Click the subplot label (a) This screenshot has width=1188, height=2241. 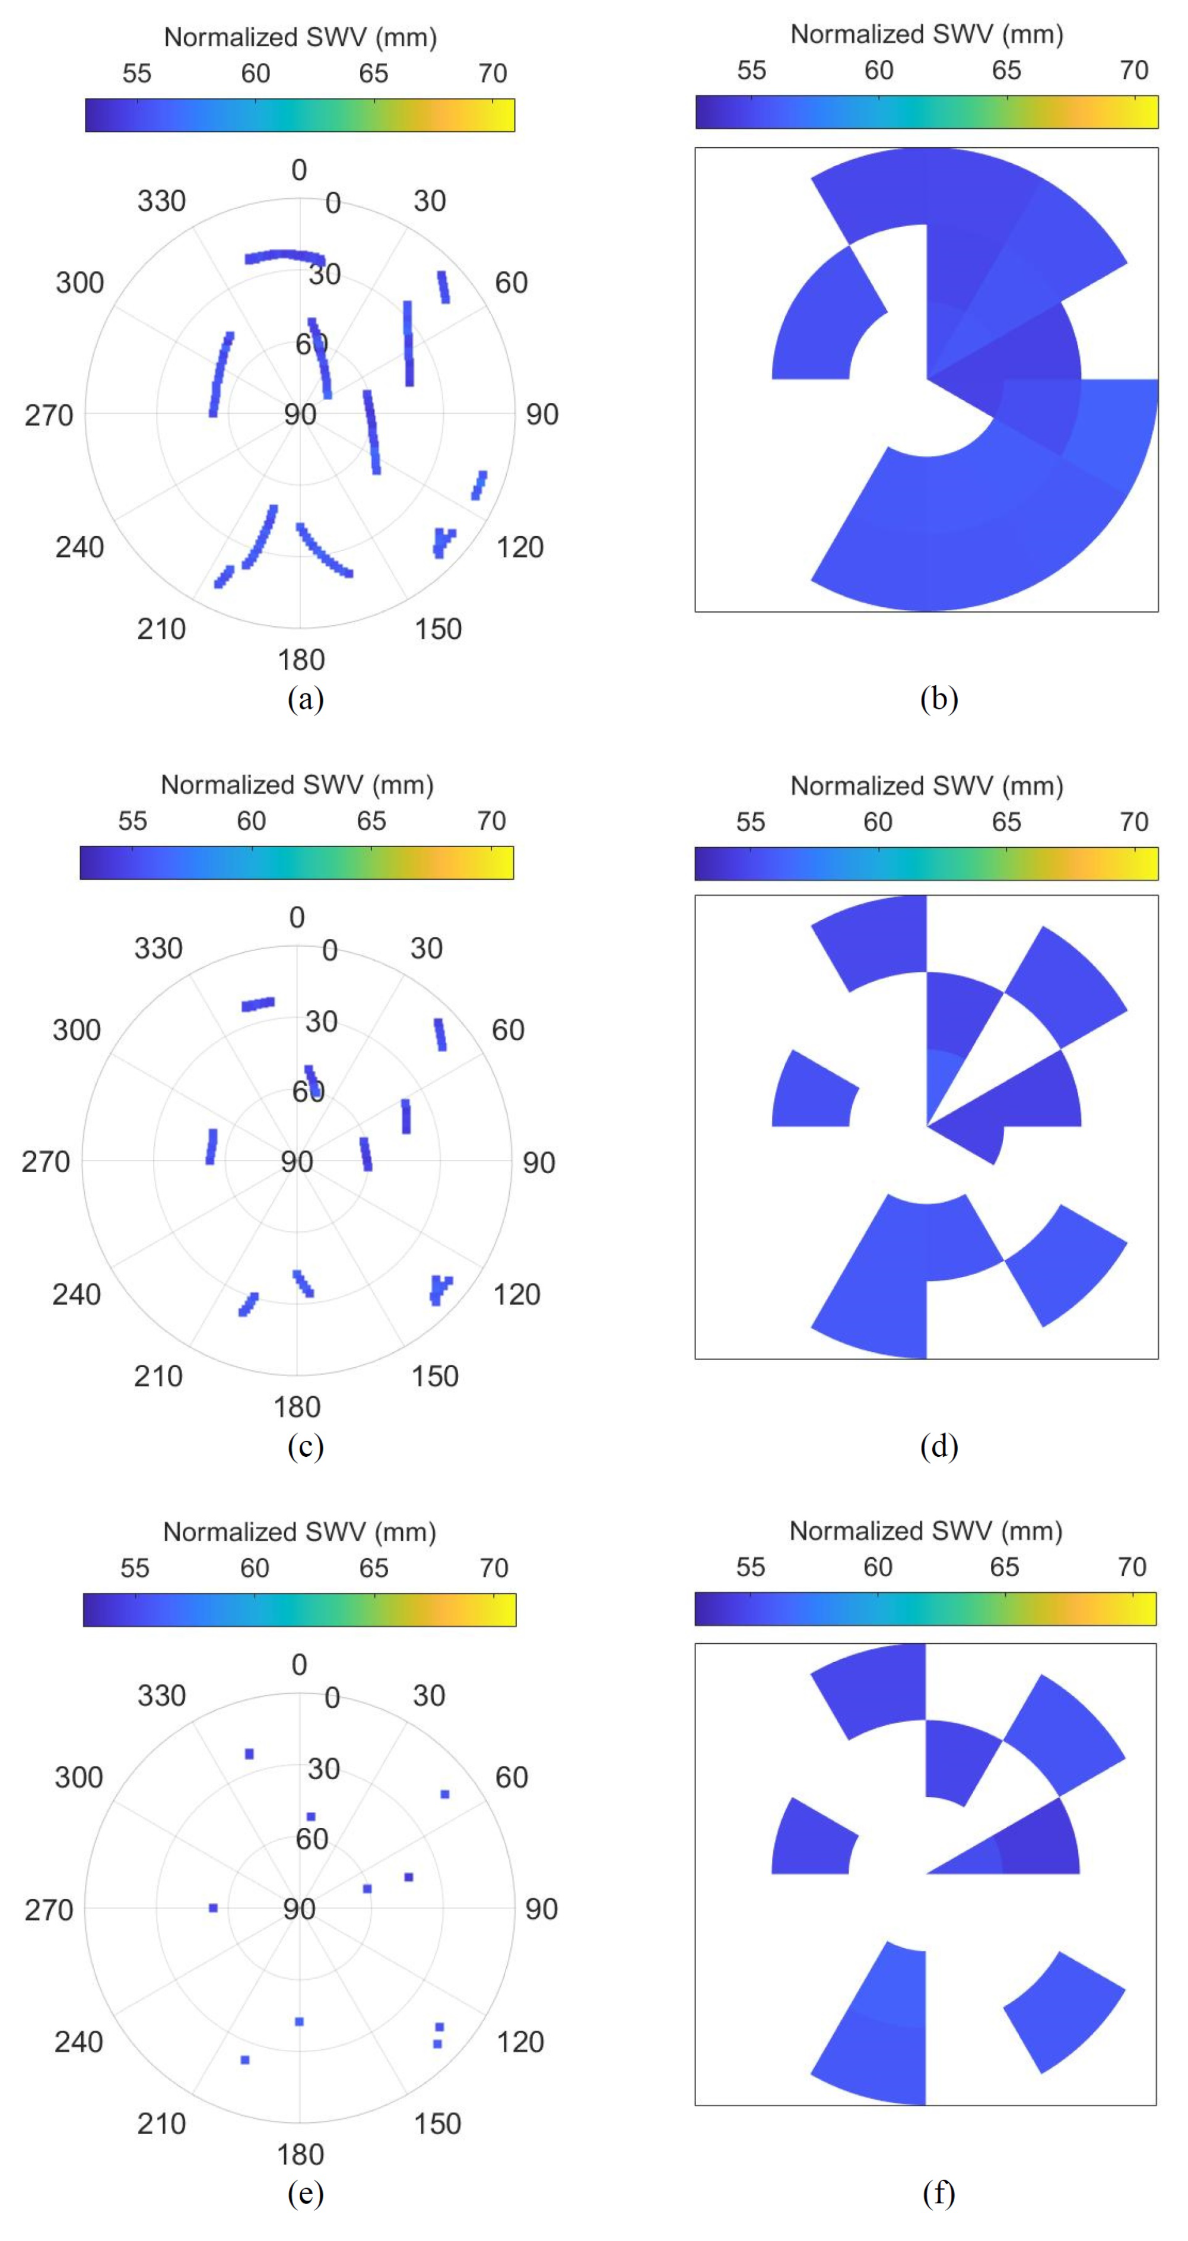[305, 699]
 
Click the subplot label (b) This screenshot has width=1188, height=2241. [938, 699]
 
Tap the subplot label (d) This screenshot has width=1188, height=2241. [938, 1446]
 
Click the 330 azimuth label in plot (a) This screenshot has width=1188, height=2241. [162, 201]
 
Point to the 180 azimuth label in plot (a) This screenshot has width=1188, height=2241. [301, 660]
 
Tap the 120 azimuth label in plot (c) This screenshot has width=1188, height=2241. [517, 1295]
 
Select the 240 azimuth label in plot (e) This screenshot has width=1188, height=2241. [78, 2042]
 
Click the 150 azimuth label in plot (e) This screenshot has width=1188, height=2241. [437, 2123]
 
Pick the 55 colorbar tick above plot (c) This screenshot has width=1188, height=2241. [132, 821]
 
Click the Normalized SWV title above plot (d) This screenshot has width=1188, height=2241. [926, 787]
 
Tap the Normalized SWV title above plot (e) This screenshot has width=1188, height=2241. [299, 1532]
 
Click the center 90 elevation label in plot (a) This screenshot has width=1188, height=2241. [300, 415]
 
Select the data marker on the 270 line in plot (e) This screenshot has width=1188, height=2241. [213, 1908]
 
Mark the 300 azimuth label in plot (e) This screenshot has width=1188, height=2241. [78, 1777]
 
